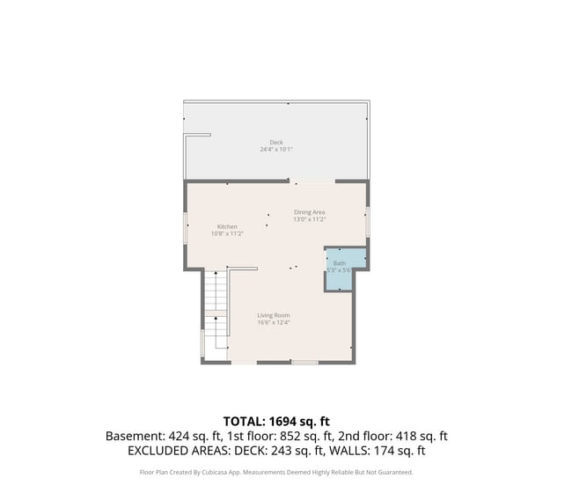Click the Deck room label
click(276, 143)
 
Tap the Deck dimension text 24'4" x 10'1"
click(276, 150)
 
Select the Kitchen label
click(227, 226)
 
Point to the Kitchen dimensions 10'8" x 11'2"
click(227, 233)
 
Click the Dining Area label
click(310, 212)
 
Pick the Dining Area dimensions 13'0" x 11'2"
click(310, 219)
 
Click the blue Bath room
click(339, 269)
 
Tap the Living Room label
click(274, 315)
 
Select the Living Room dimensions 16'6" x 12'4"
click(274, 322)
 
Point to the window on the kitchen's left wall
click(186, 227)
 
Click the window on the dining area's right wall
click(368, 220)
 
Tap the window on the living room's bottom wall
click(305, 362)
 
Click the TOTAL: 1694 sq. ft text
click(276, 421)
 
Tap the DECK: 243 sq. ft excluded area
click(283, 451)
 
